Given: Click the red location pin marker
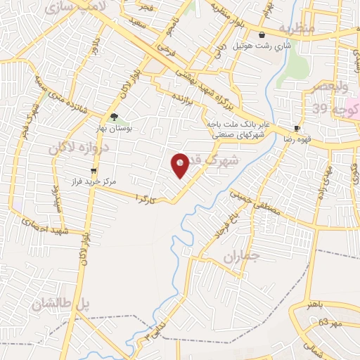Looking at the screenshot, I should pos(180,164).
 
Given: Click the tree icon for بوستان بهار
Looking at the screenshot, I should pos(114,118).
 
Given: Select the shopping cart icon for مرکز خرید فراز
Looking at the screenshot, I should pos(93,171).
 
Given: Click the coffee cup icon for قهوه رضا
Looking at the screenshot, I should pos(297,129).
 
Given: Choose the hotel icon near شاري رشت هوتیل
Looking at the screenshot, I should pos(262,34).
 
